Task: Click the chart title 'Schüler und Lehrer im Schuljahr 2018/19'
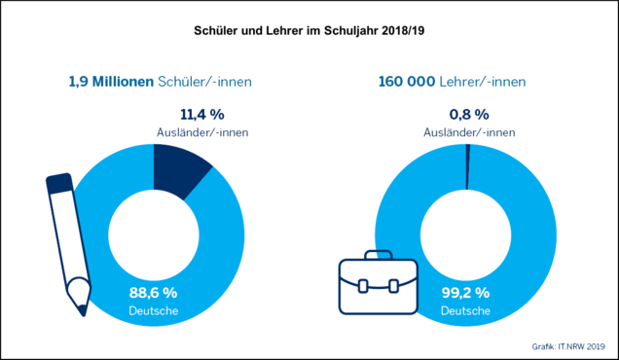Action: [x=309, y=31]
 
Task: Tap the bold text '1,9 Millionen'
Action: [x=111, y=82]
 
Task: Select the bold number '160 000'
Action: [x=407, y=82]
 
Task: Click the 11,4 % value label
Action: [x=202, y=115]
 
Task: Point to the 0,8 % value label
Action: [x=469, y=115]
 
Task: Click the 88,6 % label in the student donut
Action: [x=153, y=293]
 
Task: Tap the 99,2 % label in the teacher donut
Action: [x=465, y=293]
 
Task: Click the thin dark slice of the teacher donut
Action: [x=468, y=166]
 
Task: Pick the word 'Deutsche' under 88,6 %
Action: [x=154, y=310]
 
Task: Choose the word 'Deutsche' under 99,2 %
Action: [x=466, y=310]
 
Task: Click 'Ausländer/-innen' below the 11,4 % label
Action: [x=202, y=132]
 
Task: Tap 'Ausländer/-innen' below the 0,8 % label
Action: [x=469, y=132]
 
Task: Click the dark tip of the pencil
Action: [x=82, y=310]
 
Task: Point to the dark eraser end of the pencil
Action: [x=59, y=183]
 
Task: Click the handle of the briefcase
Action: [x=379, y=255]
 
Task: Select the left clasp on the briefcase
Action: [x=363, y=286]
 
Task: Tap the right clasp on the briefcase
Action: [x=393, y=286]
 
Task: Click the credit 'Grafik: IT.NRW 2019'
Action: [x=568, y=346]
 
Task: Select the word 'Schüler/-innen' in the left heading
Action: [x=204, y=82]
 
